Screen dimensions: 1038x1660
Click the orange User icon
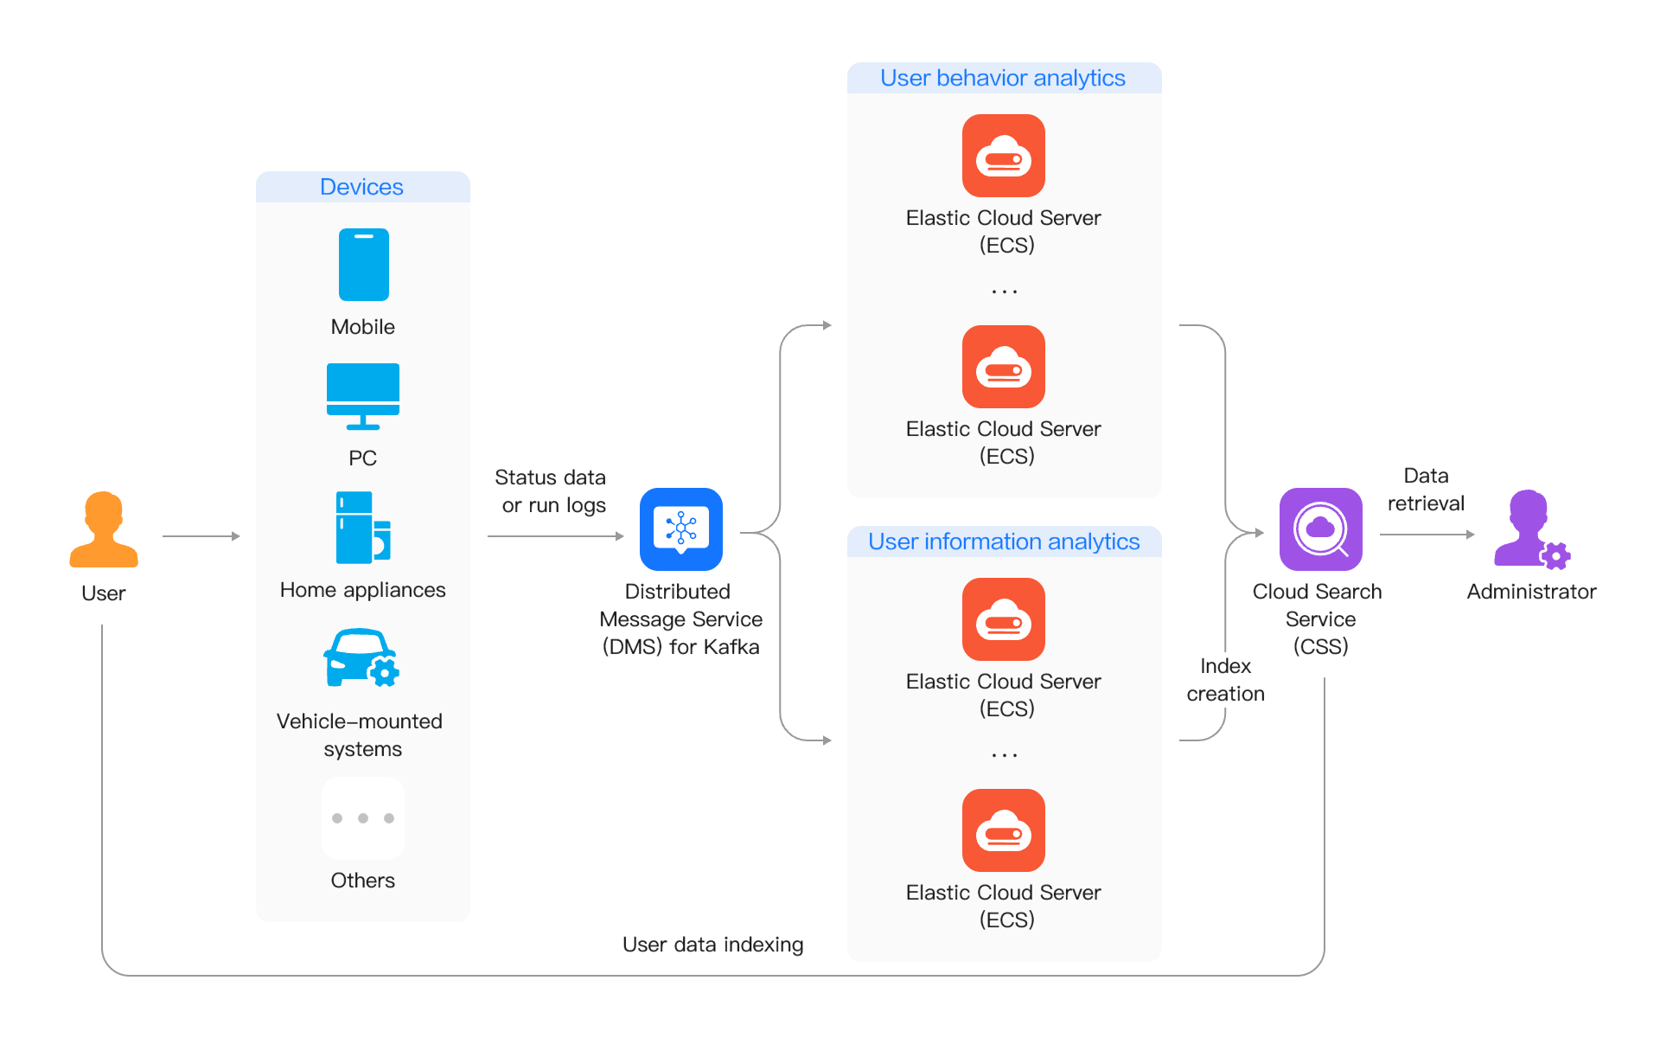[x=104, y=529]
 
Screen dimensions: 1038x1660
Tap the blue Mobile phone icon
[x=363, y=265]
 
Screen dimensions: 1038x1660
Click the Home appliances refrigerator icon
[x=363, y=528]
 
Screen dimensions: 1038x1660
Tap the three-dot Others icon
[x=363, y=817]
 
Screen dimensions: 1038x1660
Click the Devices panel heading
[x=362, y=187]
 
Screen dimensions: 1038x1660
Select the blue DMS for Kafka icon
[x=681, y=529]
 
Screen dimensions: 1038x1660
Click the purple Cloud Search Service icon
[x=1320, y=529]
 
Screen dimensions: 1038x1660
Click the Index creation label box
[x=1225, y=680]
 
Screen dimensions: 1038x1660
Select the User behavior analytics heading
[x=1003, y=78]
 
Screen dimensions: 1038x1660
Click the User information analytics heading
[x=1004, y=541]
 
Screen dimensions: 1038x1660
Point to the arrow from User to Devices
[x=201, y=536]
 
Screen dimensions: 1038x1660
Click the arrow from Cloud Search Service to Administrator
[x=1427, y=535]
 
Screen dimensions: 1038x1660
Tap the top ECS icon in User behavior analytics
[x=1004, y=156]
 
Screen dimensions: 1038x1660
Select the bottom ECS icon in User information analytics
[x=1004, y=830]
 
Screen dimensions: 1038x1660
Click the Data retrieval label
[x=1426, y=490]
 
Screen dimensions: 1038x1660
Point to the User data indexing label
[x=713, y=945]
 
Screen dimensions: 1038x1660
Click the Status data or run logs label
[x=552, y=491]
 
